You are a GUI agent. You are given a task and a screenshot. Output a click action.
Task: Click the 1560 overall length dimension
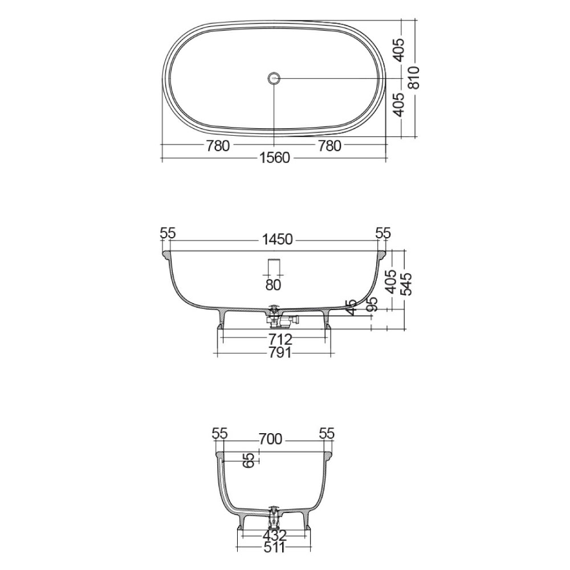[275, 158]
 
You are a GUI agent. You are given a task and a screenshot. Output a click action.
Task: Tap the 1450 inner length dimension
[278, 240]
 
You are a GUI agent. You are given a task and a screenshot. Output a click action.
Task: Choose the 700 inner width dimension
[270, 439]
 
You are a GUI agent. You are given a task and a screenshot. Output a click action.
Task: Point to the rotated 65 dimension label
[249, 461]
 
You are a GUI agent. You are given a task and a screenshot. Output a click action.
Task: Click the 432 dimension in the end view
[275, 536]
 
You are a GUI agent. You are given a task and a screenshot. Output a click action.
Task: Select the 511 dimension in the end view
[275, 548]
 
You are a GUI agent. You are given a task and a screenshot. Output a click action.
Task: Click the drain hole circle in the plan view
[274, 78]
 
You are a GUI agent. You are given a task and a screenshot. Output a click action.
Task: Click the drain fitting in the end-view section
[274, 516]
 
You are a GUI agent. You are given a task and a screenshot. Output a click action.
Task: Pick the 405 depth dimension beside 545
[391, 280]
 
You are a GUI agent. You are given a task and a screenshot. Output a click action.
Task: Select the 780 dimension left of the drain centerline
[218, 146]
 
